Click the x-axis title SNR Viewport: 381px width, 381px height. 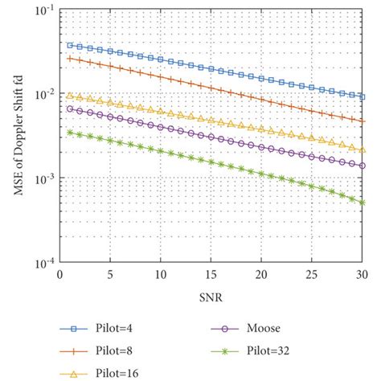click(211, 297)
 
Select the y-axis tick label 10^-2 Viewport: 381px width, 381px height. click(44, 93)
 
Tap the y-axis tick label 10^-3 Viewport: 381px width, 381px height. click(44, 178)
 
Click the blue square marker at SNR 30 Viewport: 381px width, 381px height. click(362, 96)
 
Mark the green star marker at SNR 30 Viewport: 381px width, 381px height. click(362, 202)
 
